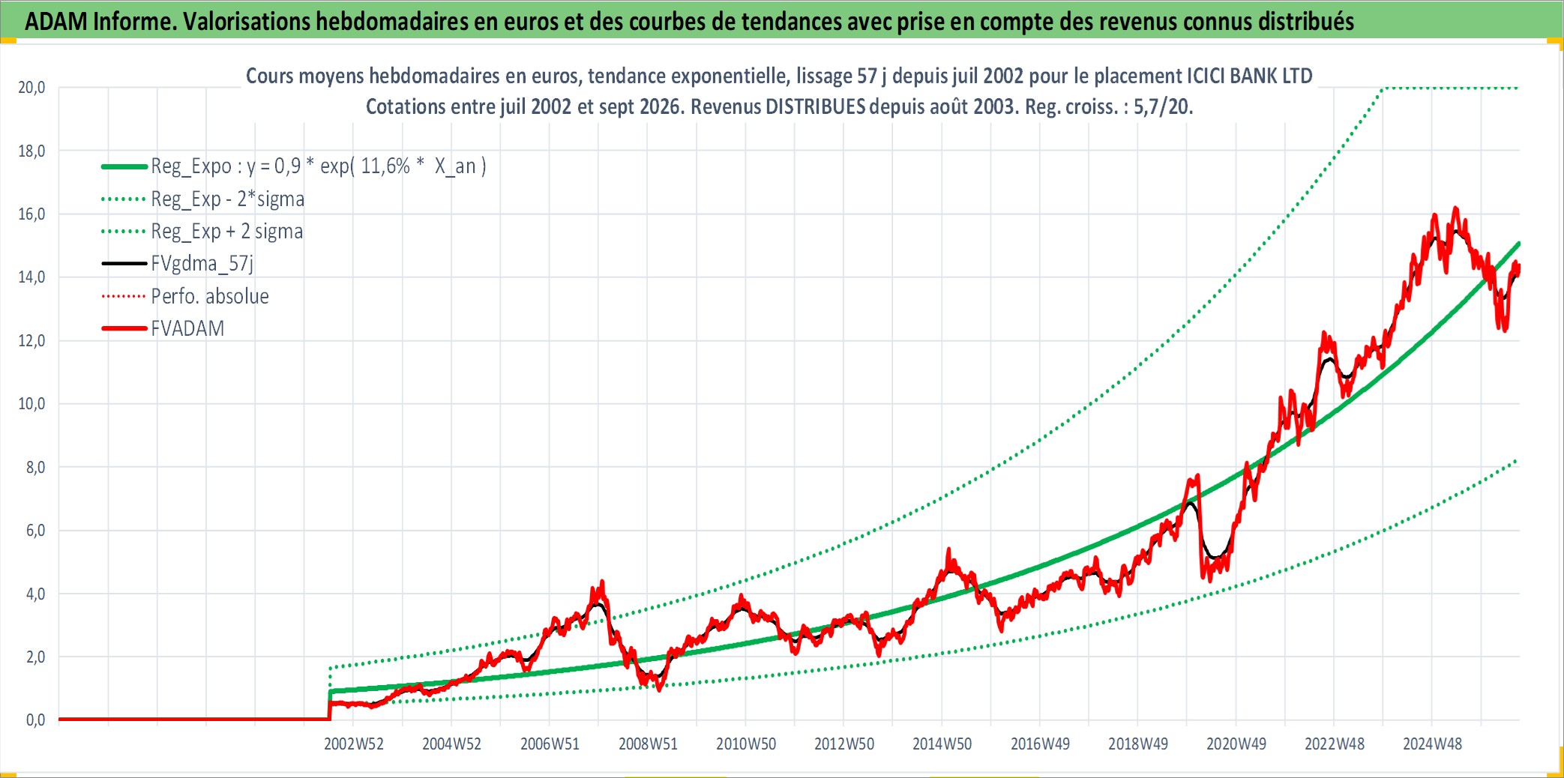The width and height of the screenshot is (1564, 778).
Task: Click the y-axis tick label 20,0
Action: (31, 88)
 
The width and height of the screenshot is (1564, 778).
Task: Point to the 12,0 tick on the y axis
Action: (31, 341)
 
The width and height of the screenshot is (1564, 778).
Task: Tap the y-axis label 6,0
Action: (35, 531)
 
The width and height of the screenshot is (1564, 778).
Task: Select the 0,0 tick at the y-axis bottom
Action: (35, 720)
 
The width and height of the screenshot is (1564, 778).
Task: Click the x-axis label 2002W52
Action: (354, 744)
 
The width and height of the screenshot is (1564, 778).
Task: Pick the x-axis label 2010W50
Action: (746, 744)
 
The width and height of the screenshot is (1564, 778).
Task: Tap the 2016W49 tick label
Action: (1040, 744)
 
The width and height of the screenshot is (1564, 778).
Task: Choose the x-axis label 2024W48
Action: (1432, 744)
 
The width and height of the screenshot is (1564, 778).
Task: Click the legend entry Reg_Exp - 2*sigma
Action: (228, 199)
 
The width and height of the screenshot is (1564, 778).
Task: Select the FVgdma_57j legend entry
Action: (202, 263)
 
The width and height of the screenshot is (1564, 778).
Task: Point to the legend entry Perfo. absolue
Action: (210, 296)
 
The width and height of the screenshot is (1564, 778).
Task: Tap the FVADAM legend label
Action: (187, 328)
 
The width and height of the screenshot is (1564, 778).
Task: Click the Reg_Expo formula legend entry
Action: (319, 166)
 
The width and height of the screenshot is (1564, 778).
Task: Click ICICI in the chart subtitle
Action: (1209, 76)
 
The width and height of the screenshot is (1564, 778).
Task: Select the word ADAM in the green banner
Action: (56, 22)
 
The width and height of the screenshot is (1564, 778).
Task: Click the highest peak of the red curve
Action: (1456, 208)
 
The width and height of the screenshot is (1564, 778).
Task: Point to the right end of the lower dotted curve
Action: (1517, 460)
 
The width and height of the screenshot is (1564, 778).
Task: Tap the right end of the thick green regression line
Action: (1519, 243)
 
